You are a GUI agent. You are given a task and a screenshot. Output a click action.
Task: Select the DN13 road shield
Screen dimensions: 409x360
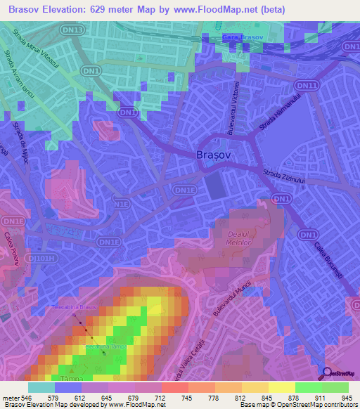pos(75,30)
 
